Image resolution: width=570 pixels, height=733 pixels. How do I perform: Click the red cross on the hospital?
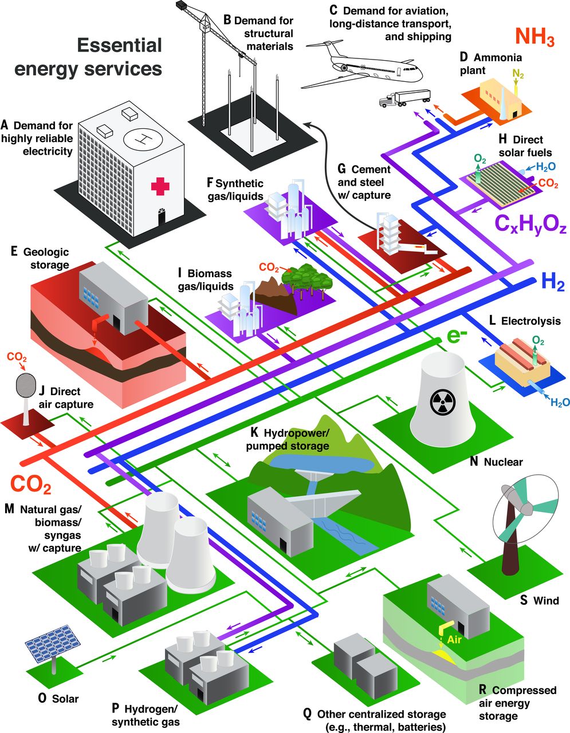click(x=161, y=186)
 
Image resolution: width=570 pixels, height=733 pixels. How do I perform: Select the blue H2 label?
click(x=552, y=282)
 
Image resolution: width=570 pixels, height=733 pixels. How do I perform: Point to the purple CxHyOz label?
click(x=530, y=224)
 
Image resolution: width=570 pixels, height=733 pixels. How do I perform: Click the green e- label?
click(x=455, y=338)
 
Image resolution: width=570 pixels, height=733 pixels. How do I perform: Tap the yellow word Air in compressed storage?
click(x=454, y=640)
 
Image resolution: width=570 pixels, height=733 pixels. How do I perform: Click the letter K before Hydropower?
click(x=254, y=430)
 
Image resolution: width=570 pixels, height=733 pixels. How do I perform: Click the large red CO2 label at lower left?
click(x=31, y=484)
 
